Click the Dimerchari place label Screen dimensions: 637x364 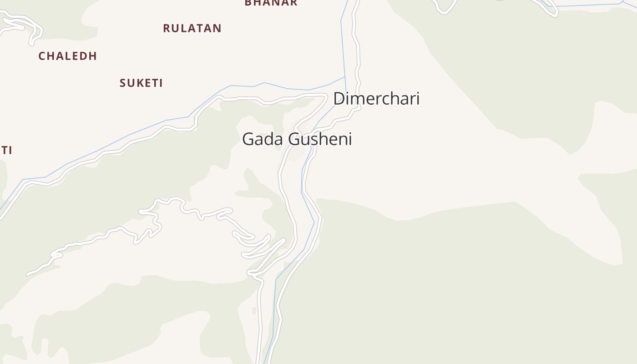click(x=376, y=98)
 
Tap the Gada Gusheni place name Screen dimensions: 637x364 click(x=297, y=139)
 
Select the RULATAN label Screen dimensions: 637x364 click(x=192, y=28)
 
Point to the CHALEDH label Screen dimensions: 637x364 click(x=67, y=56)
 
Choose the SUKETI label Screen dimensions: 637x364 click(x=141, y=83)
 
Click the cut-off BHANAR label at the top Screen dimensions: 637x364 click(x=271, y=3)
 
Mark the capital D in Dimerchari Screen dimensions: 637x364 click(x=339, y=98)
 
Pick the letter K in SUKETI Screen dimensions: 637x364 click(x=138, y=83)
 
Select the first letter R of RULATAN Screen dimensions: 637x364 click(x=167, y=28)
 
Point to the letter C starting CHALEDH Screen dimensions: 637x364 click(x=42, y=56)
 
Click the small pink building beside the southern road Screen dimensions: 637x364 click(x=254, y=311)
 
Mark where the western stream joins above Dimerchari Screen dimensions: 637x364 click(x=344, y=77)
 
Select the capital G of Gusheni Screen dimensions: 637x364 click(x=295, y=139)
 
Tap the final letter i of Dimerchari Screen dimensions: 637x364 click(x=417, y=98)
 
